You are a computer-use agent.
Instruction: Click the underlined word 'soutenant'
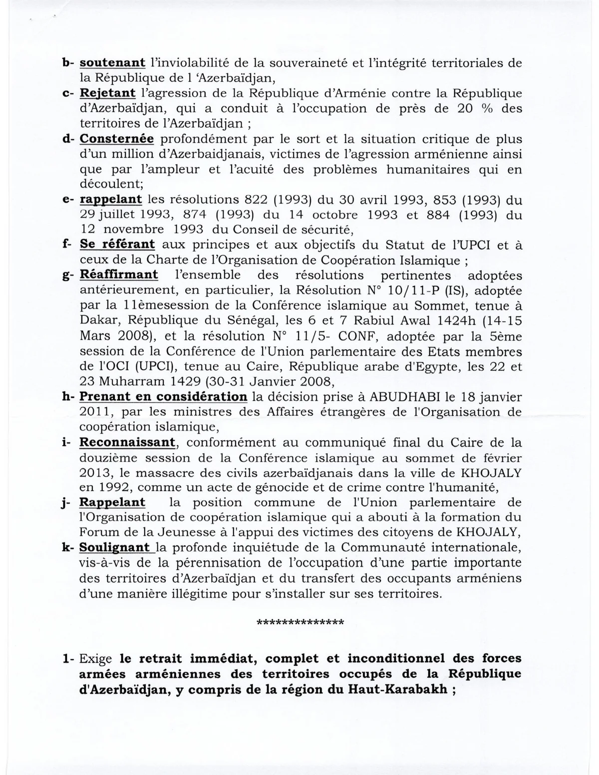112,63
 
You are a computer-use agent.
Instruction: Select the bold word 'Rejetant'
107,93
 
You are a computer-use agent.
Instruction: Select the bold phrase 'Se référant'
117,245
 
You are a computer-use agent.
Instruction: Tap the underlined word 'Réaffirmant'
119,275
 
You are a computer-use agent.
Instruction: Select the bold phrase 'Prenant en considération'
163,397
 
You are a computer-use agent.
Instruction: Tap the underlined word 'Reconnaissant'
127,442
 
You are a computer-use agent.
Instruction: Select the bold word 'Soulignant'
115,548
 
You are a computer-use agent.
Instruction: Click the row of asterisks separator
299,623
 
